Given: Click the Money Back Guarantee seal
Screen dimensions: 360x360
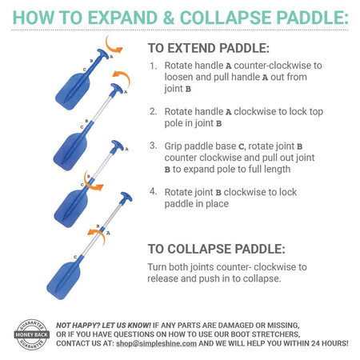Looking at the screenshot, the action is click(x=32, y=334).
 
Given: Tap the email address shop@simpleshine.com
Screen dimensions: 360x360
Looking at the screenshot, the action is click(x=156, y=343).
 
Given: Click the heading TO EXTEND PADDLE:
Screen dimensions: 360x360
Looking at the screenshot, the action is click(x=209, y=48).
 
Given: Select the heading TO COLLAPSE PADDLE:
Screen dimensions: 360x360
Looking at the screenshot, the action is click(x=217, y=249).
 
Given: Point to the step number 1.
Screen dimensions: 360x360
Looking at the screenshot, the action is click(x=153, y=66).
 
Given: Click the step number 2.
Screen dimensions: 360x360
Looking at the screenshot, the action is click(x=153, y=111).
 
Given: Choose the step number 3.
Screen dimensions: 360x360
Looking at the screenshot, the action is click(x=153, y=146).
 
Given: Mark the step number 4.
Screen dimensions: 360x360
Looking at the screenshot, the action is click(x=153, y=191).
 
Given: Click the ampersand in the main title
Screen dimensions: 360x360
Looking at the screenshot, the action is click(x=168, y=18).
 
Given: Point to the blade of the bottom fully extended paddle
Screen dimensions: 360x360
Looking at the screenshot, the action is click(x=64, y=280).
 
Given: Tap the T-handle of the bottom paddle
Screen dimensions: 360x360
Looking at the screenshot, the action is click(x=126, y=198).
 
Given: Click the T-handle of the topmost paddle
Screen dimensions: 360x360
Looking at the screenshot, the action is click(x=102, y=54).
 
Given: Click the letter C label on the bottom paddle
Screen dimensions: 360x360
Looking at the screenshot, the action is click(x=75, y=257).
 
